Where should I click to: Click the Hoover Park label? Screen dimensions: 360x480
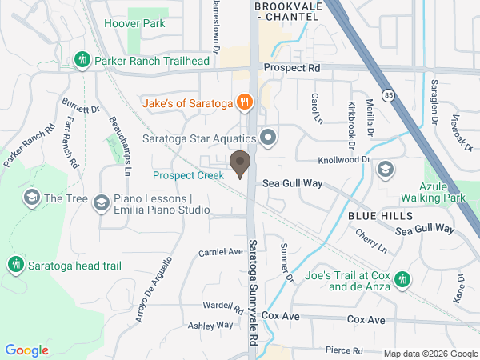tap(134, 23)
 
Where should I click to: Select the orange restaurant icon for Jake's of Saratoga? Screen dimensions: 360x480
tap(245, 103)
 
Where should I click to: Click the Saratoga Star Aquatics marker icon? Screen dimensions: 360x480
tap(268, 139)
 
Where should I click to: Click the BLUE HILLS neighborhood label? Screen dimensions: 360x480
tap(380, 216)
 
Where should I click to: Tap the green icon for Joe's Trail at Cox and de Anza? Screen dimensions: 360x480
tap(403, 278)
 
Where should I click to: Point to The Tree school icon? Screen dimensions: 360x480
tap(32, 198)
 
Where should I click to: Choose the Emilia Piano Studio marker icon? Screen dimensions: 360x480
tap(101, 203)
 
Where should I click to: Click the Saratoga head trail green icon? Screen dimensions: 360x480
tap(15, 265)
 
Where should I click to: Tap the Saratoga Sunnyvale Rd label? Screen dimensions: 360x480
tap(252, 280)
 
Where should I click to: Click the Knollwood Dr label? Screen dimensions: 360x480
tap(344, 159)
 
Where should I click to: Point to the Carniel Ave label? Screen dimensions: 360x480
tap(220, 251)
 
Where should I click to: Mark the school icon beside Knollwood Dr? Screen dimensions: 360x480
tap(386, 169)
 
